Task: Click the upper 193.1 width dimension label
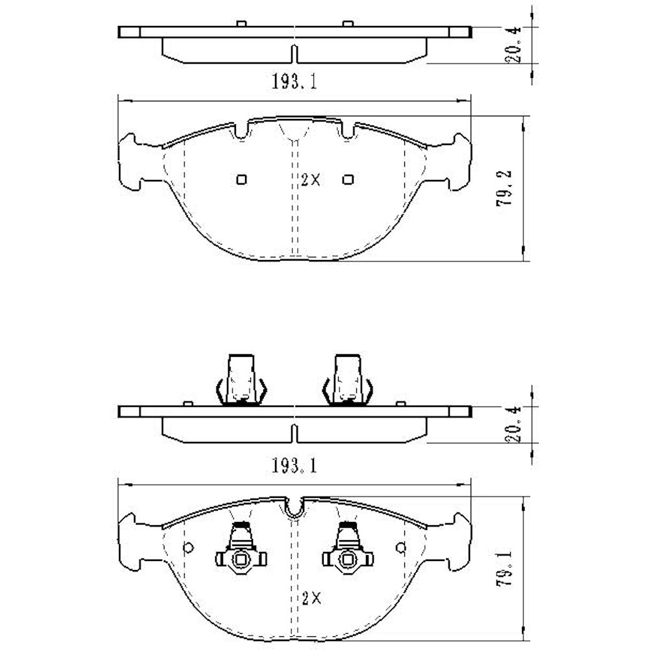tap(294, 83)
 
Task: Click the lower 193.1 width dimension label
tap(294, 465)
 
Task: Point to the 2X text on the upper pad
tap(311, 181)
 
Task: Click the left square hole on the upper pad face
tap(241, 179)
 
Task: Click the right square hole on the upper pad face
tap(348, 179)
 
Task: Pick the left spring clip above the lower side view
tap(240, 382)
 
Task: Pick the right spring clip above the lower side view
tap(348, 382)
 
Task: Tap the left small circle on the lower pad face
tap(188, 547)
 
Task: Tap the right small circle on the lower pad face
tap(401, 547)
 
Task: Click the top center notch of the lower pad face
tap(294, 508)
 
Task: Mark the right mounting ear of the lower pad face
tap(457, 543)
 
